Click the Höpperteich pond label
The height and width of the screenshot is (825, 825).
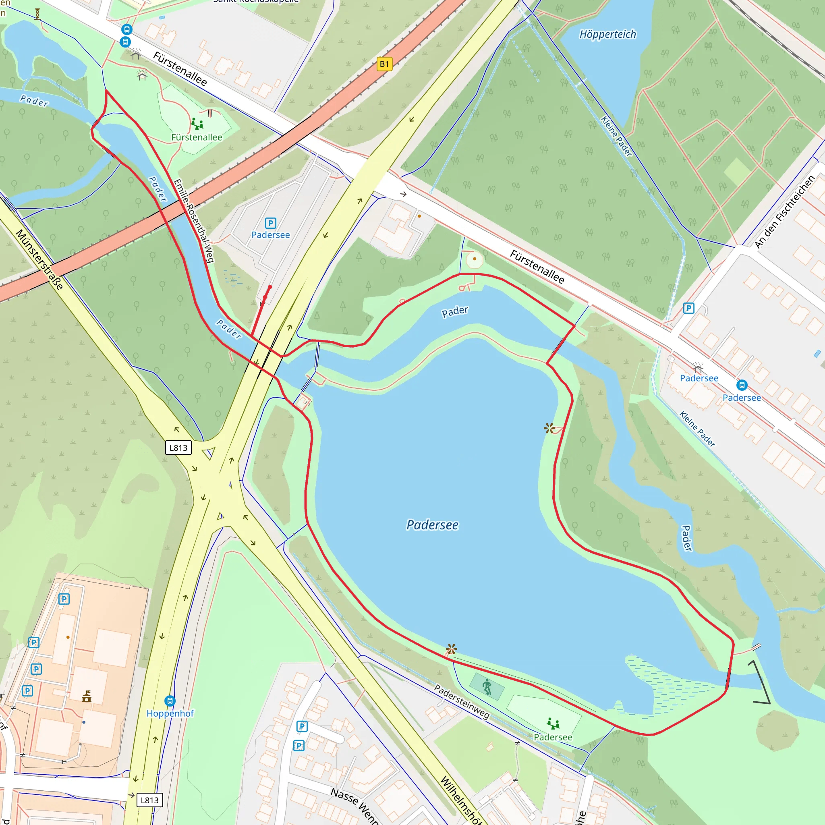[x=607, y=34]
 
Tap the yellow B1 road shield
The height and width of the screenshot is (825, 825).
[x=384, y=64]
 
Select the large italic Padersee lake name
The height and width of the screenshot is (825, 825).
[x=432, y=525]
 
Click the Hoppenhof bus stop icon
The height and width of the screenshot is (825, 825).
[x=170, y=701]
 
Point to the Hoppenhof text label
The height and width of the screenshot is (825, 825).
[x=170, y=713]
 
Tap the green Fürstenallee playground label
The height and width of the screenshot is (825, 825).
[x=197, y=137]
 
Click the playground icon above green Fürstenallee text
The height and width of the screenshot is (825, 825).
[x=197, y=124]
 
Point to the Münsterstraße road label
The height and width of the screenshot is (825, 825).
[x=39, y=259]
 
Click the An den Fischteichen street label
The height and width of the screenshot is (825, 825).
[x=785, y=212]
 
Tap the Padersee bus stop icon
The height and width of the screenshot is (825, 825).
[x=742, y=385]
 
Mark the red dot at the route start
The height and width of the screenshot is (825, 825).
[x=270, y=287]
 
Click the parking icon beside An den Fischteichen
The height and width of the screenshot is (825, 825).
[x=688, y=308]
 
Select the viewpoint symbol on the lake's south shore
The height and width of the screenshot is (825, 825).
[x=451, y=649]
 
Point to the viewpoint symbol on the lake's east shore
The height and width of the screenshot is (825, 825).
[x=549, y=428]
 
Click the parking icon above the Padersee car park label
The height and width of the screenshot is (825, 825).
[x=270, y=223]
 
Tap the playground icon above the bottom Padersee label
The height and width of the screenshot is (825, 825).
[x=553, y=723]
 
